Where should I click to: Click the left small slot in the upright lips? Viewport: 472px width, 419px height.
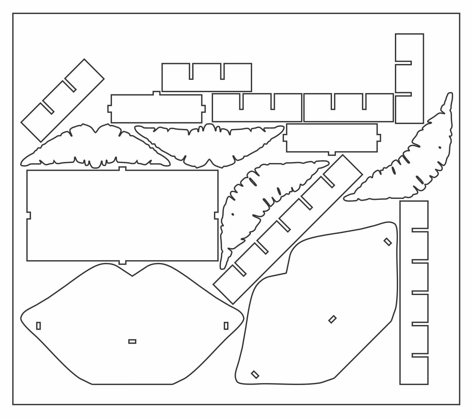pos(38,326)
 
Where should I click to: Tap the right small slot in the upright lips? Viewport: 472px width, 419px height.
pos(226,326)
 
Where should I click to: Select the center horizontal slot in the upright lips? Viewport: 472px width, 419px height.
pos(132,341)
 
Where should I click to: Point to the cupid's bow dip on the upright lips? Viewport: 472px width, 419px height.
pos(132,275)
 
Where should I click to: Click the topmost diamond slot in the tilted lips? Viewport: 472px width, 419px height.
pos(387,242)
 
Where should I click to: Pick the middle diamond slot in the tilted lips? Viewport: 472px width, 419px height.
pos(333,319)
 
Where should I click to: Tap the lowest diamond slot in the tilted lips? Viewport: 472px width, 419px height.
pos(255,374)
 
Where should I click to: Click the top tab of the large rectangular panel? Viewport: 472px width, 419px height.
pos(123,169)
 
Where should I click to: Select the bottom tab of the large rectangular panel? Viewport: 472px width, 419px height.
pos(123,262)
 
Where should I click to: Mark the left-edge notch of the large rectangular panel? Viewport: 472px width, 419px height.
pos(29,215)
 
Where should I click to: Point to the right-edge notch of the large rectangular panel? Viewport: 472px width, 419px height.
pos(216,215)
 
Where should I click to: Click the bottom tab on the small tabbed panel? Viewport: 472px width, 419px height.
pos(332,153)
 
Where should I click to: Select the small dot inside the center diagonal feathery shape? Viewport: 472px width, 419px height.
pos(233,214)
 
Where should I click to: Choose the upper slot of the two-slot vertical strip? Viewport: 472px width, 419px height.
pos(404,63)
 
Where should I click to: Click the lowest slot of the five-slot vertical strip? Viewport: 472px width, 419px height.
pos(420,355)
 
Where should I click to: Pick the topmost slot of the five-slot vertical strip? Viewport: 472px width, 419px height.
pos(420,230)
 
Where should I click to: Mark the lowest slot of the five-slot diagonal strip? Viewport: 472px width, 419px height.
pos(239,269)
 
